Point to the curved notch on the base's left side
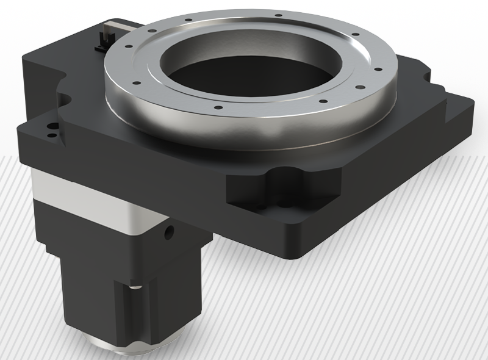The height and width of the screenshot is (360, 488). click(x=62, y=76)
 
